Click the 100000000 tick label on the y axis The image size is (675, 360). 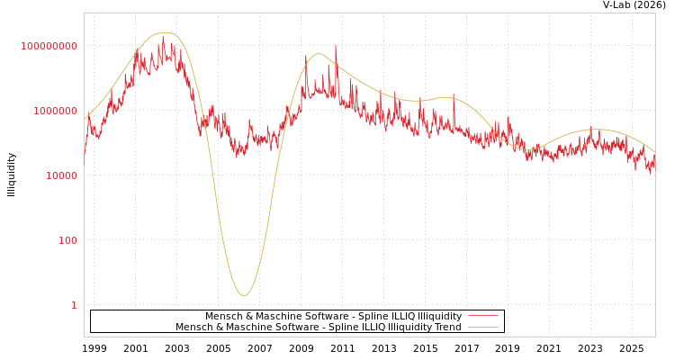[49, 46]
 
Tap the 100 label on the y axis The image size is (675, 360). [67, 240]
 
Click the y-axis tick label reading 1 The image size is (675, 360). [74, 305]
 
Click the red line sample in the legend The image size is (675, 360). [483, 316]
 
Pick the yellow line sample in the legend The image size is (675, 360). [483, 327]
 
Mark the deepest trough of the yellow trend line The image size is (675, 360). [244, 295]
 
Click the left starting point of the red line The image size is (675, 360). [85, 157]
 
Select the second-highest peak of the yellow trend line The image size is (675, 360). [319, 54]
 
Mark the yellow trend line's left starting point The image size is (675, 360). [85, 119]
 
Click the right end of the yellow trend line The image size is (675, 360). [654, 151]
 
